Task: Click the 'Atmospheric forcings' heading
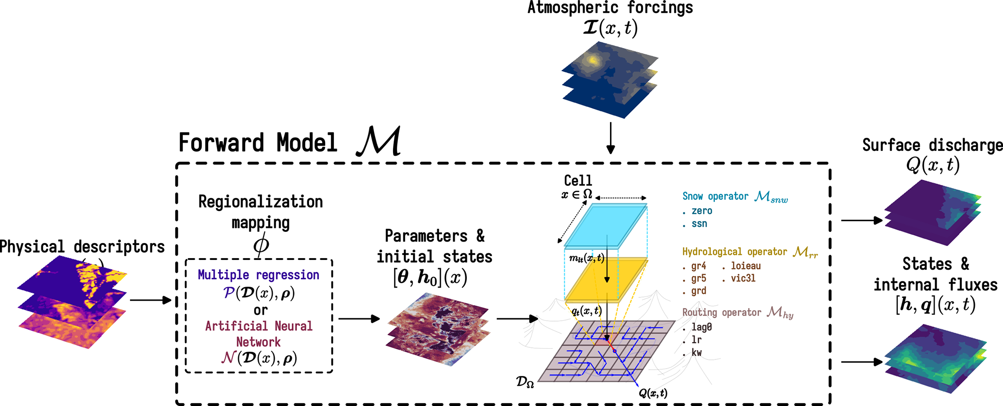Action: [x=610, y=8]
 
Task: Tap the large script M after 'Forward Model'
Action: [x=379, y=142]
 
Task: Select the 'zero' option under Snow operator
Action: [x=701, y=211]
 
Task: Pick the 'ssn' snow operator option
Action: [x=699, y=224]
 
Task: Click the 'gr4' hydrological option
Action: [x=698, y=266]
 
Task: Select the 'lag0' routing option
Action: [x=701, y=327]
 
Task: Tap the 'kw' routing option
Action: [x=696, y=353]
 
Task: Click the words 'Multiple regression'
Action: [x=258, y=275]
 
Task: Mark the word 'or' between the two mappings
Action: [x=261, y=310]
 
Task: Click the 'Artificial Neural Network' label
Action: [x=259, y=334]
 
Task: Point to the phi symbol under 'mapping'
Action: [x=261, y=244]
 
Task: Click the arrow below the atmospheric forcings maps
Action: [x=610, y=138]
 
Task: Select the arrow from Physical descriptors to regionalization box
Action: [x=151, y=300]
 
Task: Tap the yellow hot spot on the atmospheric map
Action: [x=592, y=60]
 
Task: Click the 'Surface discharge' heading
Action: [x=932, y=145]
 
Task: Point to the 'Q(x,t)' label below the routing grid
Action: [x=653, y=393]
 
